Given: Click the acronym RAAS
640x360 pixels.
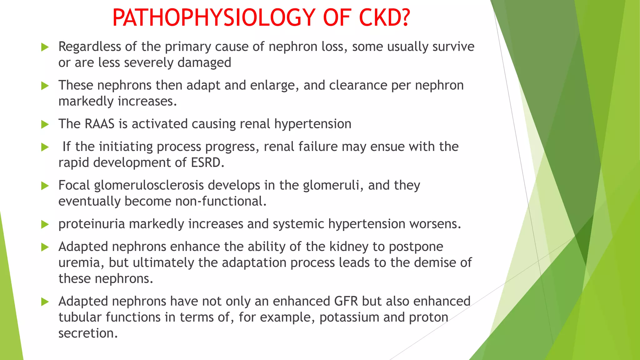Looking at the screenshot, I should (x=99, y=124).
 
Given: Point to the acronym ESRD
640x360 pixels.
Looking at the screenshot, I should (x=206, y=162).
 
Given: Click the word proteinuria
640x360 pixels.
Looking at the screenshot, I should (x=92, y=224).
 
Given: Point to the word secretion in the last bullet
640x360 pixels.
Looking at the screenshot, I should (x=87, y=333).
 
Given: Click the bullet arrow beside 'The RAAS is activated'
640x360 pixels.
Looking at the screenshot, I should (x=45, y=125).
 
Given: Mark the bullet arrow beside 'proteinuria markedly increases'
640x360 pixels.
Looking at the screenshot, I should (x=45, y=224).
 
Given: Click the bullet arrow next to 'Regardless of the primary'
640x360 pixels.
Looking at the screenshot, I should (x=45, y=47).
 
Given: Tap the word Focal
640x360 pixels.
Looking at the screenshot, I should (x=74, y=185).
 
